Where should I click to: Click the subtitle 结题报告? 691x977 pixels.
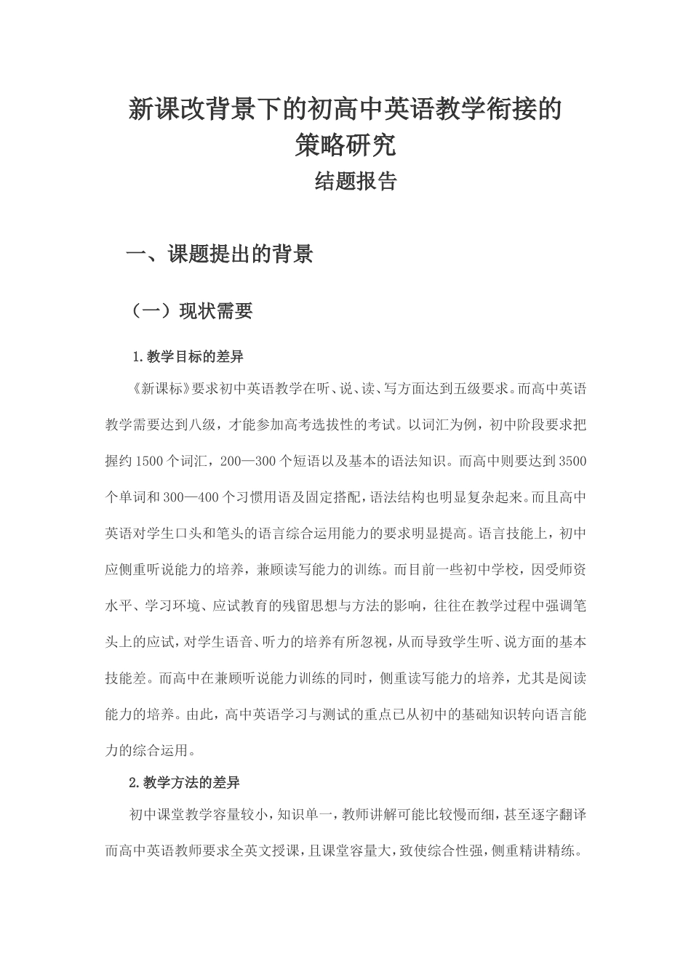pos(356,182)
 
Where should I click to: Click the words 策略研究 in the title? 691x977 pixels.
pos(345,145)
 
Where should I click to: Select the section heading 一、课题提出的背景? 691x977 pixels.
pos(220,254)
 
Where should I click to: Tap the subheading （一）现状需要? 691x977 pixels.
pos(191,311)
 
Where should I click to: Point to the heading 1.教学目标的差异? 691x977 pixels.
pos(188,357)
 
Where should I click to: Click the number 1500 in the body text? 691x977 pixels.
pos(151,461)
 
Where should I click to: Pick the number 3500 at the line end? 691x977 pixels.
pos(570,461)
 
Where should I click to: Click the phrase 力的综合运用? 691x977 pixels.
pos(149,750)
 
